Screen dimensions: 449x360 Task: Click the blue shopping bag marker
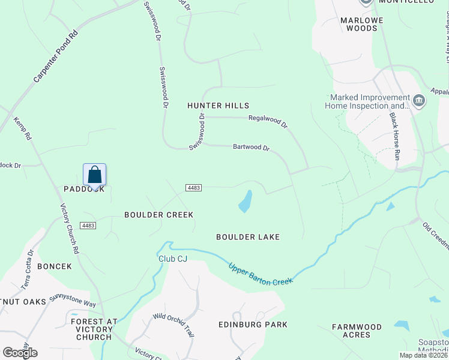pos(95,175)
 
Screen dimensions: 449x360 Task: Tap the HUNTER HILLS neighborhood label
pos(218,106)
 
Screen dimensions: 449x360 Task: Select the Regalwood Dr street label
pos(268,121)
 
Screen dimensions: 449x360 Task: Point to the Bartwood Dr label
pos(252,147)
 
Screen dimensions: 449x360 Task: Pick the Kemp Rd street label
pos(22,128)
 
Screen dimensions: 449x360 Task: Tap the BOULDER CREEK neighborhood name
pos(158,214)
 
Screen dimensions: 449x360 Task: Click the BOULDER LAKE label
pos(248,237)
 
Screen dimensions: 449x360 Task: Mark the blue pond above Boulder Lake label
pos(246,202)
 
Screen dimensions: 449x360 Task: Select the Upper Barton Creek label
pos(261,273)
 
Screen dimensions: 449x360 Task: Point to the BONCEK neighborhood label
pos(55,266)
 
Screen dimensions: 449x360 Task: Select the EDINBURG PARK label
pos(252,325)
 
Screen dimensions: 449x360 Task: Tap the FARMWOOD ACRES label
pos(357,331)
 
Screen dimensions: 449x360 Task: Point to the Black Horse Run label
pos(394,135)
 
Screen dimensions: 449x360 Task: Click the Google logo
pos(20,352)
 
